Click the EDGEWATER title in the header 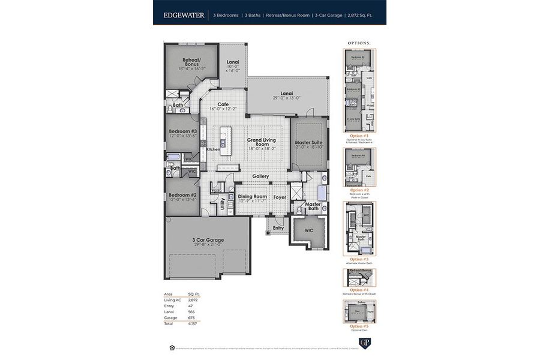[x=184, y=14]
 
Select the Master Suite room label [x=309, y=143]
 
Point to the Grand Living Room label [x=261, y=142]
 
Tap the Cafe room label [x=223, y=104]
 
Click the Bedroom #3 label [x=183, y=131]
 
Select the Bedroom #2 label [x=183, y=196]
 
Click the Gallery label [x=260, y=176]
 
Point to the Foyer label [x=280, y=196]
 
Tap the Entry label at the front [x=278, y=228]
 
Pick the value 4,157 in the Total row [x=193, y=323]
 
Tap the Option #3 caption [x=359, y=259]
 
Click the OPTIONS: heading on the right [x=359, y=43]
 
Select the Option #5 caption [x=359, y=326]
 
